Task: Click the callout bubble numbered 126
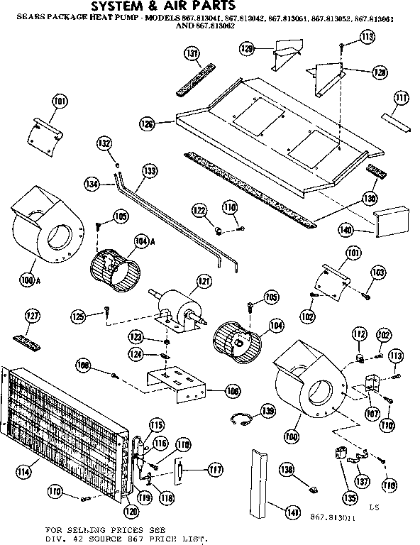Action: click(147, 124)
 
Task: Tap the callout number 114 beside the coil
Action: click(23, 470)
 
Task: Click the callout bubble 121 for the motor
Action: click(204, 282)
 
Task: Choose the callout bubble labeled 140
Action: click(365, 230)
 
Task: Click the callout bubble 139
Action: click(267, 409)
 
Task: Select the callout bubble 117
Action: click(214, 470)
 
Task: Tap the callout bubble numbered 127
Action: click(32, 316)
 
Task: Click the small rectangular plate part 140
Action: click(390, 223)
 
